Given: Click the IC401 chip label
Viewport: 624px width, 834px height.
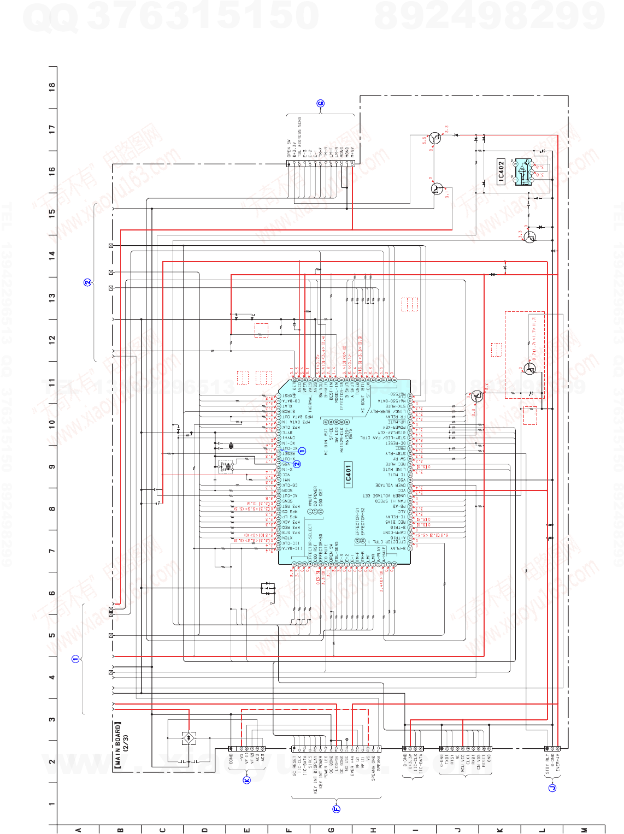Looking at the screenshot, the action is (348, 474).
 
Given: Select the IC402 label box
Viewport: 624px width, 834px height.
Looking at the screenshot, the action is (501, 171).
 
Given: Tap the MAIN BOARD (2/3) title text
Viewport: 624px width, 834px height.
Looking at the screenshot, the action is (121, 746).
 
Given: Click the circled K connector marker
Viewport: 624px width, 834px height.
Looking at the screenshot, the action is (246, 780).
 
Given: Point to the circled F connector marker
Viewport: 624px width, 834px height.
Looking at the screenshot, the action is (336, 809).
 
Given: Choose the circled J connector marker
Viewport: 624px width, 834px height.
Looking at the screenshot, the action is (552, 787).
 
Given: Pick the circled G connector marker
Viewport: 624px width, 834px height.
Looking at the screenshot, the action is (321, 103).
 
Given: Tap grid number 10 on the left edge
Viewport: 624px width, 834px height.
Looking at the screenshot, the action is (52, 423).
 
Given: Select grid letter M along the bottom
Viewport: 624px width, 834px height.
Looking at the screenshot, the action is (584, 830).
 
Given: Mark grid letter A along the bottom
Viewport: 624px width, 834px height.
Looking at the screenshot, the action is (78, 830).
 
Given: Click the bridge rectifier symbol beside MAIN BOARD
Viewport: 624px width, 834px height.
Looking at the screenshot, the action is (189, 738).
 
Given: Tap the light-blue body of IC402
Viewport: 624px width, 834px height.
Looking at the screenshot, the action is (523, 171).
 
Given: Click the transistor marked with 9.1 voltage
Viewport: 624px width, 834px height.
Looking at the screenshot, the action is (437, 189).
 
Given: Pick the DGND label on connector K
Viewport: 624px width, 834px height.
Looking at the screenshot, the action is (231, 759).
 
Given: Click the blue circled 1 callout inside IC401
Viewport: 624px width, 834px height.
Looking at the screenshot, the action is (302, 451).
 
